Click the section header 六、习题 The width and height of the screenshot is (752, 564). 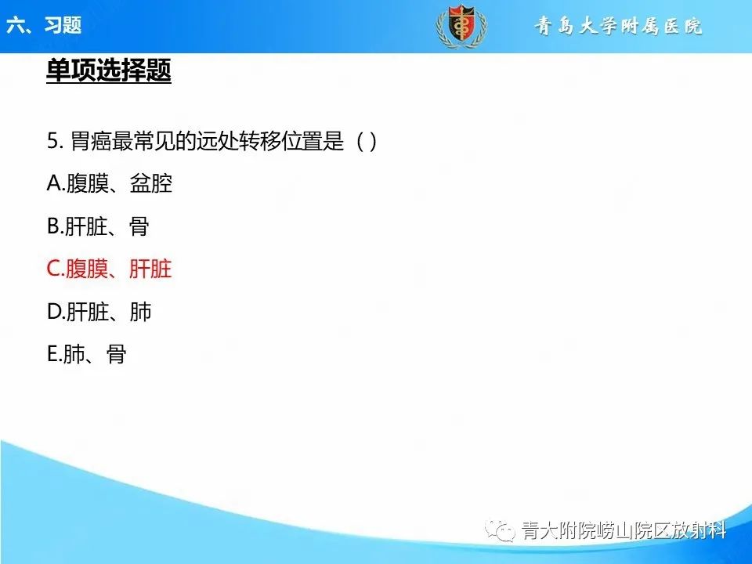[x=43, y=25]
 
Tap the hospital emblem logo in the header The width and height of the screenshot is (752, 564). [x=461, y=26]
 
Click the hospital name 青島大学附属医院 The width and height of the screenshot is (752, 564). [x=618, y=27]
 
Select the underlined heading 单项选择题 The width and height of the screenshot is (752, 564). [x=109, y=71]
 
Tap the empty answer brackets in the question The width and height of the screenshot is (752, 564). [x=367, y=142]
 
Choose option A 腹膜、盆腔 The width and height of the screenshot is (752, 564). [x=109, y=184]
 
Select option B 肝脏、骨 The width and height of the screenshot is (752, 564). [x=98, y=227]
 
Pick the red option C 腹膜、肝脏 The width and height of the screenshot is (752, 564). [x=109, y=269]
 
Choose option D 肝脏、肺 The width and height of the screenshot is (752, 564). [x=99, y=313]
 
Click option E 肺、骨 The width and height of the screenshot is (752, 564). [x=87, y=355]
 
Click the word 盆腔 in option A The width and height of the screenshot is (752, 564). [x=150, y=184]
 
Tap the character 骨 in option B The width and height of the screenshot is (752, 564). [x=139, y=227]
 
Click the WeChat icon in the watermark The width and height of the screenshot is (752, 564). [x=501, y=531]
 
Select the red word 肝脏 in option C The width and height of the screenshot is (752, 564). [x=150, y=269]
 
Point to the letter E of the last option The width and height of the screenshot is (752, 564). [x=52, y=355]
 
